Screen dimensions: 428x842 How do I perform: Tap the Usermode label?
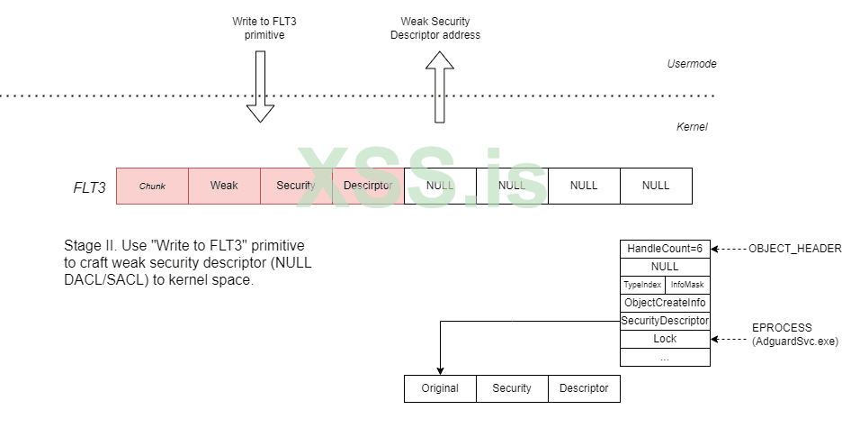click(x=691, y=64)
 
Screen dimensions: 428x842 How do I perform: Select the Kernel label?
click(x=692, y=127)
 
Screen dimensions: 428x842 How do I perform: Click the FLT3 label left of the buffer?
click(x=89, y=187)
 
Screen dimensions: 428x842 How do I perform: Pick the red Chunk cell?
click(x=152, y=186)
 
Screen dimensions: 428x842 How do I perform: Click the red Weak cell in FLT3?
click(x=224, y=186)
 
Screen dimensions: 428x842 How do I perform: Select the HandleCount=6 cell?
click(x=665, y=249)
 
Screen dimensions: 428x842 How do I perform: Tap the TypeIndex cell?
click(x=642, y=285)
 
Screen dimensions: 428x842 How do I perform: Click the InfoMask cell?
click(x=687, y=285)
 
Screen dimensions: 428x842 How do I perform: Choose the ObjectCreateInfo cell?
click(x=665, y=303)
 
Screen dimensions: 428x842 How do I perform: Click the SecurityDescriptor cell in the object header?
click(x=665, y=321)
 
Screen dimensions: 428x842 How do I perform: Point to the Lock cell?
click(x=665, y=339)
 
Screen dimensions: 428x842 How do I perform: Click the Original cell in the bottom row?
click(x=440, y=388)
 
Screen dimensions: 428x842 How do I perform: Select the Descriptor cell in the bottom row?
click(x=584, y=388)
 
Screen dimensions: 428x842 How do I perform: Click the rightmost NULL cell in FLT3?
click(x=656, y=186)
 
